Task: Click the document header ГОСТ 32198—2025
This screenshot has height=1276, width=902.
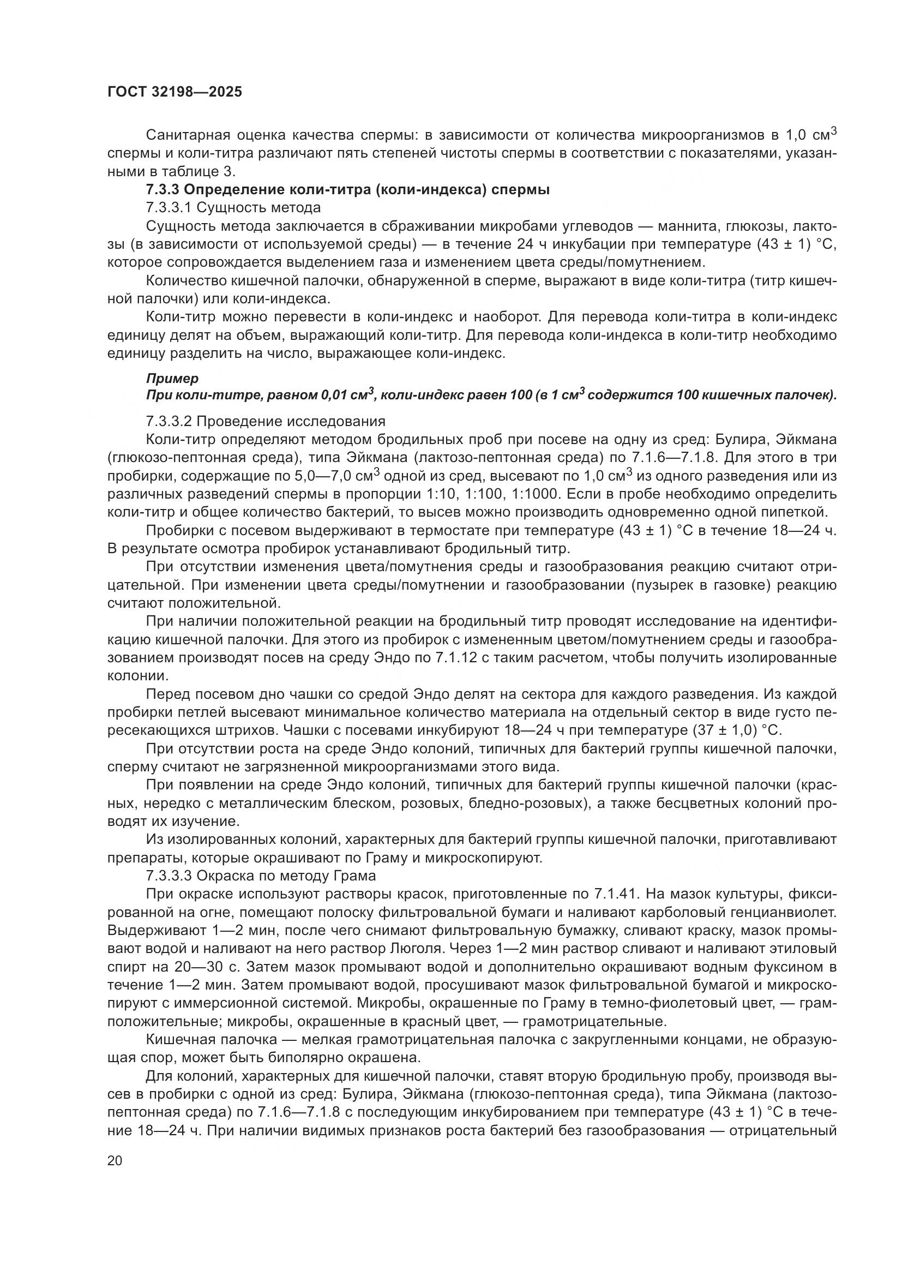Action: [x=175, y=92]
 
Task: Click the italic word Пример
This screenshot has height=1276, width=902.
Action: [x=172, y=379]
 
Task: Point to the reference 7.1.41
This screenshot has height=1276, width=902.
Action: [x=615, y=894]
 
